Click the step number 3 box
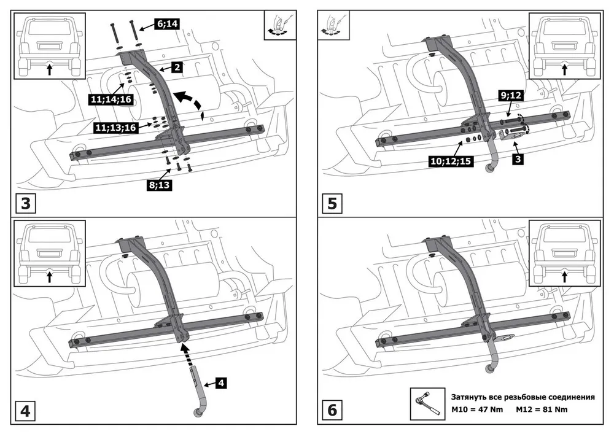pyautogui.click(x=25, y=203)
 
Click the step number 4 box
pyautogui.click(x=25, y=409)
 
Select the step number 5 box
pyautogui.click(x=332, y=203)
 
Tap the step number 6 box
pyautogui.click(x=332, y=409)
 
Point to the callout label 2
pyautogui.click(x=176, y=68)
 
